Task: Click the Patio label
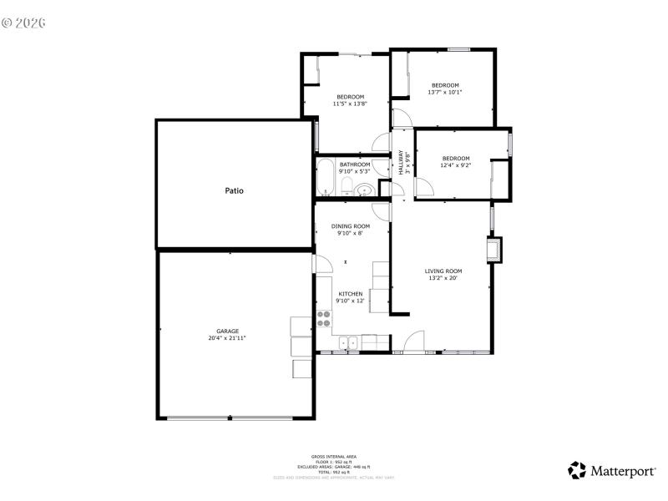coord(234,190)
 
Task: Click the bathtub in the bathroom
coord(324,177)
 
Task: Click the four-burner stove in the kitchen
coord(323,319)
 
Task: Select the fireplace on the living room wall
coord(496,249)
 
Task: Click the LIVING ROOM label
coord(443,271)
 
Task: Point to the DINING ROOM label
coord(350,226)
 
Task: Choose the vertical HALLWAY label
coord(401,161)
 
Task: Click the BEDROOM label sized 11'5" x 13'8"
coord(350,97)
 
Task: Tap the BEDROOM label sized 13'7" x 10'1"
coord(445,85)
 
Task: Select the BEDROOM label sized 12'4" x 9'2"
coord(456,159)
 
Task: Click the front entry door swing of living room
coord(412,342)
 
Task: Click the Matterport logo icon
coord(577,471)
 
